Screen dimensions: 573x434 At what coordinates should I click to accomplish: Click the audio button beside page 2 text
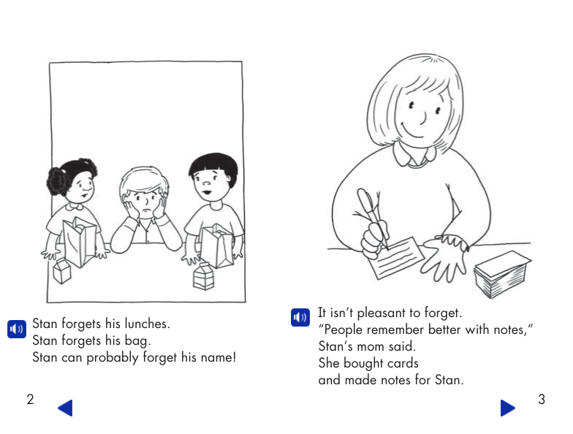17,329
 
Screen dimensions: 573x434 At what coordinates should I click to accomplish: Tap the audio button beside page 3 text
300,317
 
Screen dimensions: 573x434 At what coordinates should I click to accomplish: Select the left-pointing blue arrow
66,408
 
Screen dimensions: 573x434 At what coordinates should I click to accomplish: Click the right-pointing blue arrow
507,408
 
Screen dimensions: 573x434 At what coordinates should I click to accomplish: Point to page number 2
31,399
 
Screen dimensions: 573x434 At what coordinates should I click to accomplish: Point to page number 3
542,399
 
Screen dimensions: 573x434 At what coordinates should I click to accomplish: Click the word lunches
148,324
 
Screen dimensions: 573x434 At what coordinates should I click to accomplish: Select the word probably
113,358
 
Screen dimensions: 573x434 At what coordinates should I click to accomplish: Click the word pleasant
382,313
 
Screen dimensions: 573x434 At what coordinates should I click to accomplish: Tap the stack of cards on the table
502,274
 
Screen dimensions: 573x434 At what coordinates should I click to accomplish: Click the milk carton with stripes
203,276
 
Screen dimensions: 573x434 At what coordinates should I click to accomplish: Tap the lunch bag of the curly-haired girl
80,241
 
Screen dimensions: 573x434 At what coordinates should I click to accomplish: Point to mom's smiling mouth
413,132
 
